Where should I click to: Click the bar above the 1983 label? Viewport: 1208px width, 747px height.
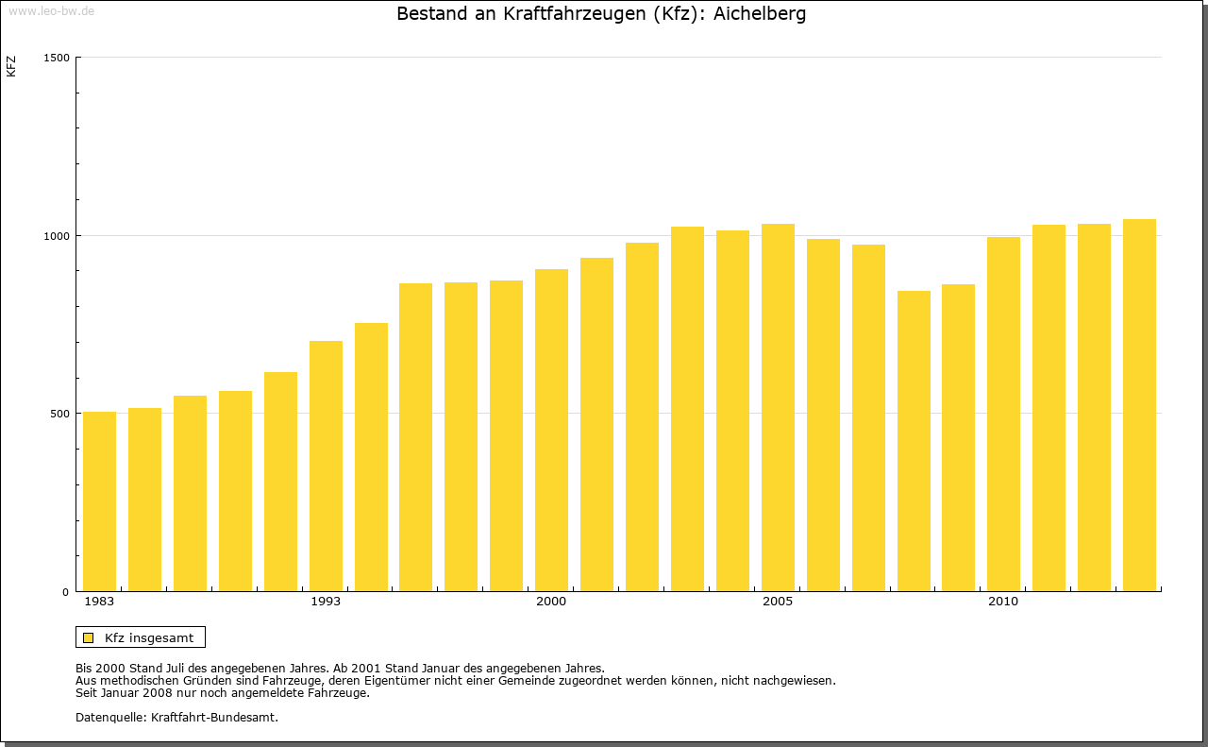(99, 501)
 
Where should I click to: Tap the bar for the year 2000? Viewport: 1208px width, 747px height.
(551, 430)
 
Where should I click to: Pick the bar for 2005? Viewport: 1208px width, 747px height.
(778, 407)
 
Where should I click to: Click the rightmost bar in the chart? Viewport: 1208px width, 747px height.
(1139, 405)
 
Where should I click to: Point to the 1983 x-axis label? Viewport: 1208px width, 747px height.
(99, 602)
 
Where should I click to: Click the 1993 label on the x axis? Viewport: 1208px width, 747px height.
(326, 602)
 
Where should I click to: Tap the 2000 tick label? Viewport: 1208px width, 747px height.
(551, 602)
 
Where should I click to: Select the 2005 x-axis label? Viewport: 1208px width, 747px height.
(778, 602)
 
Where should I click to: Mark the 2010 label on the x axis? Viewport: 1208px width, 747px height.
(1003, 602)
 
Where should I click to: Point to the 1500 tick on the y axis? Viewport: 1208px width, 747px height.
(58, 58)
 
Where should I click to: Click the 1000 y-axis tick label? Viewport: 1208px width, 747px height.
(58, 235)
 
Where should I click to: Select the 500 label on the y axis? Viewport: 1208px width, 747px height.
(60, 414)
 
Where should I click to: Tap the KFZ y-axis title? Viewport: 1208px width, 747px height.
(11, 66)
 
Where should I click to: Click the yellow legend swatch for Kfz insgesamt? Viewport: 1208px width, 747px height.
(88, 637)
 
